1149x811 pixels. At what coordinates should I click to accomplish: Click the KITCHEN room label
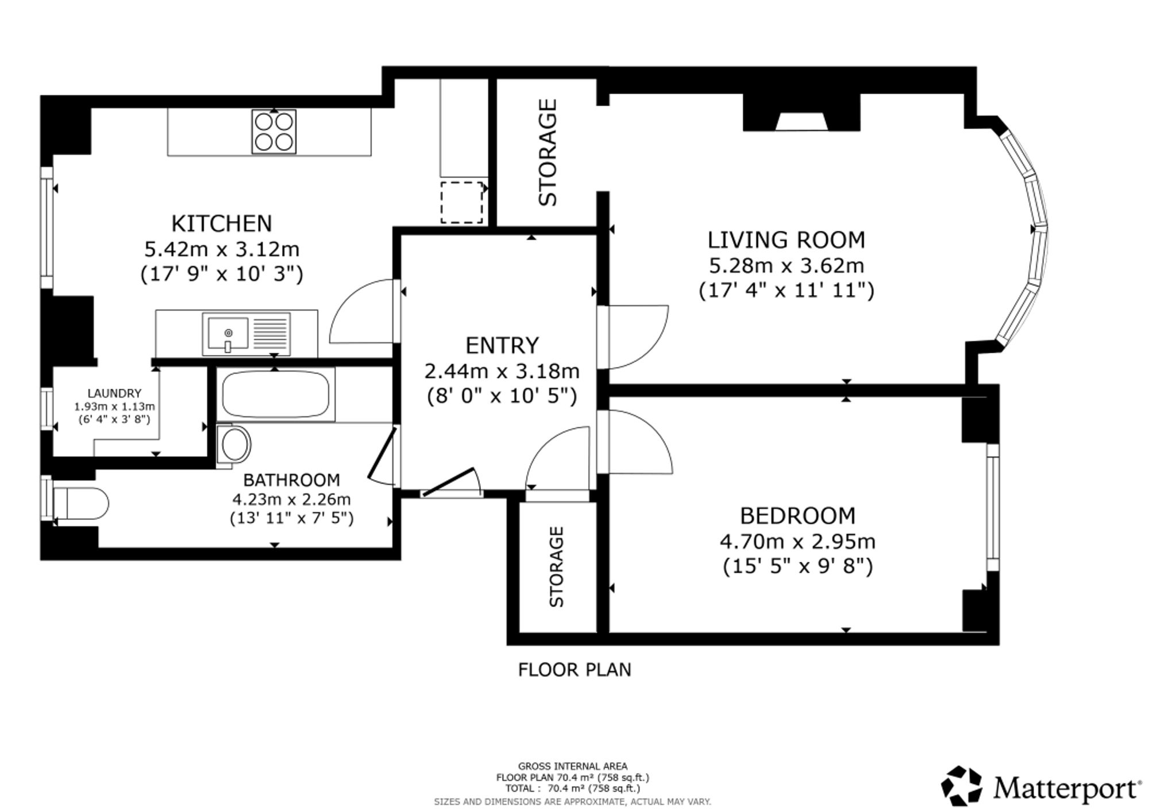click(x=222, y=223)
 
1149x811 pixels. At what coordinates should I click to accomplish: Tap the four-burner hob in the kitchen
click(x=274, y=132)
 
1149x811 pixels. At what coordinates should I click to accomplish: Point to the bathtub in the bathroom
click(x=276, y=394)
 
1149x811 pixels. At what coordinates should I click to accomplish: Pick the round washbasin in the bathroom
click(x=234, y=443)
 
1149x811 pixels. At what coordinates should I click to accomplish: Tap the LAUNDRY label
click(x=114, y=393)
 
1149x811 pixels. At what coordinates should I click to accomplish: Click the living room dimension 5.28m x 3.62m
click(x=786, y=265)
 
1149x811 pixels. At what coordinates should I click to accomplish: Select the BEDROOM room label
click(x=797, y=516)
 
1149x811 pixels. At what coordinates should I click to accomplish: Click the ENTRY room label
click(x=502, y=345)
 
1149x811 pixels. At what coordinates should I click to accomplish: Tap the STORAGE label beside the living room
click(x=547, y=152)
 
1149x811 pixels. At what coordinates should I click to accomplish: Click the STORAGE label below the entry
click(x=557, y=567)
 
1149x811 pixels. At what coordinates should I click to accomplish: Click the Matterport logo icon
click(x=961, y=785)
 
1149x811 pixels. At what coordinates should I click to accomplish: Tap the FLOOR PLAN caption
click(x=574, y=670)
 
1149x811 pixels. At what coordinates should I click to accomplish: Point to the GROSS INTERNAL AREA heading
click(x=573, y=766)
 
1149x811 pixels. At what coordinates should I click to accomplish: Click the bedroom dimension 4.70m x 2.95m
click(x=797, y=541)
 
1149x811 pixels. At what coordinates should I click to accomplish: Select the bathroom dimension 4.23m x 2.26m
click(x=291, y=499)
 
